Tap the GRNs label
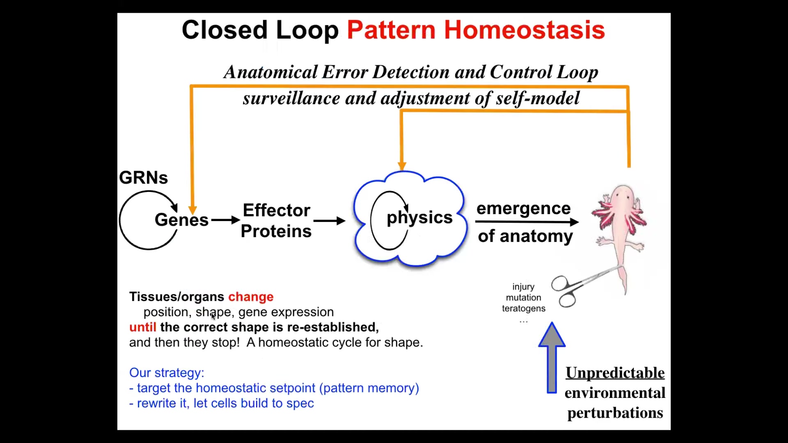(143, 178)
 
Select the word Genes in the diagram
(181, 220)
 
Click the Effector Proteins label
(276, 221)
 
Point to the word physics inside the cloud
(419, 217)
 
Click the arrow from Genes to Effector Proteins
(225, 220)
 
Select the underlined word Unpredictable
(615, 373)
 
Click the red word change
(251, 297)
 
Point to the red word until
(142, 327)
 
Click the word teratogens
(524, 308)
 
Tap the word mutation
(523, 297)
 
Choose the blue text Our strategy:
(167, 372)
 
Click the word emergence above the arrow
(523, 208)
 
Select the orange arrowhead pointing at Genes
(192, 210)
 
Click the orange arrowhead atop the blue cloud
(402, 166)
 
